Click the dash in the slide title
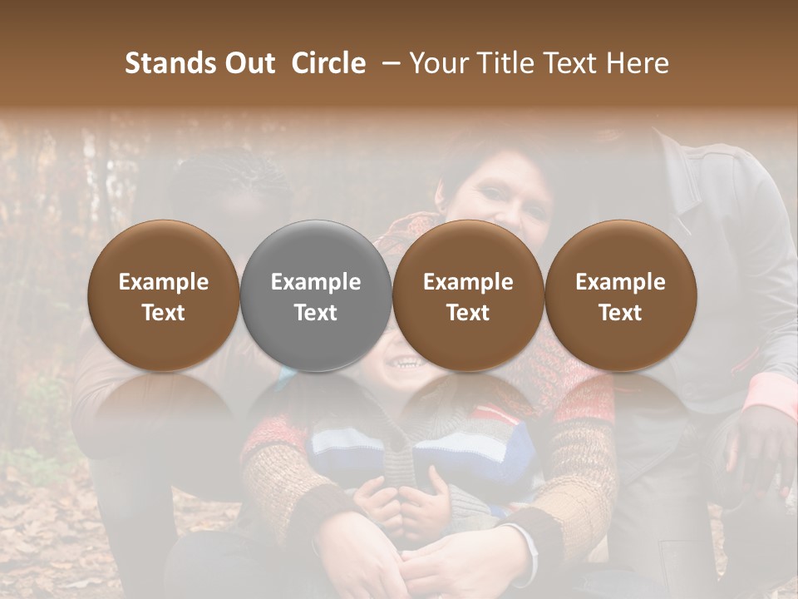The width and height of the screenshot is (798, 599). tap(387, 63)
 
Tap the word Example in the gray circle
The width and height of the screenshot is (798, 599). tap(316, 282)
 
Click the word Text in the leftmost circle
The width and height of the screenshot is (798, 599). tap(164, 313)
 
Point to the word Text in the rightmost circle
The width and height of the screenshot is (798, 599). tap(621, 313)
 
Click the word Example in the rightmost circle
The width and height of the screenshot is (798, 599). tap(621, 282)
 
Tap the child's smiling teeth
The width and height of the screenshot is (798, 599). tap(406, 363)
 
